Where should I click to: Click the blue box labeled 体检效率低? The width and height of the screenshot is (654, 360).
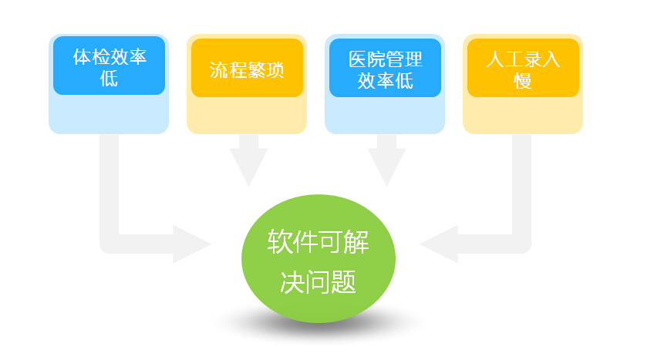click(x=110, y=66)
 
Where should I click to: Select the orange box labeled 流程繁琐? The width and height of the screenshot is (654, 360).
click(x=247, y=68)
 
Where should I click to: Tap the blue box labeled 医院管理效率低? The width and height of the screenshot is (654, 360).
click(x=385, y=68)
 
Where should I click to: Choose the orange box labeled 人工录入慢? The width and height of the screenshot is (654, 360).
click(x=523, y=68)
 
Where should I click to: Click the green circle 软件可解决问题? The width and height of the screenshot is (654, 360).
click(x=319, y=259)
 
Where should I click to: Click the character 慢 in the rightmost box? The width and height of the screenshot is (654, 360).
click(x=523, y=80)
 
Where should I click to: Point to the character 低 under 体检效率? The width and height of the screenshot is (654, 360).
click(x=109, y=78)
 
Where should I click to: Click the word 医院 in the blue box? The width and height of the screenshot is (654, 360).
click(x=367, y=59)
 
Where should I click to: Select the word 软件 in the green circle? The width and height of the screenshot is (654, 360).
click(x=293, y=241)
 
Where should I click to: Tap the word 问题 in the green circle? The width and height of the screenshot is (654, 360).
click(x=331, y=282)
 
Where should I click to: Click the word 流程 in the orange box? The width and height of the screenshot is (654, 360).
click(x=228, y=69)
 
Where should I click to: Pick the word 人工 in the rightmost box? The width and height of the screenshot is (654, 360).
click(x=504, y=59)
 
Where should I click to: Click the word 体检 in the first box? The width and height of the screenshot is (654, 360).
click(x=91, y=57)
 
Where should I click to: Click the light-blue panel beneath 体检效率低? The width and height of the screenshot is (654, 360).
click(x=109, y=114)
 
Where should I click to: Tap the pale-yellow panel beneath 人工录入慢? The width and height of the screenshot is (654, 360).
click(x=523, y=116)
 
